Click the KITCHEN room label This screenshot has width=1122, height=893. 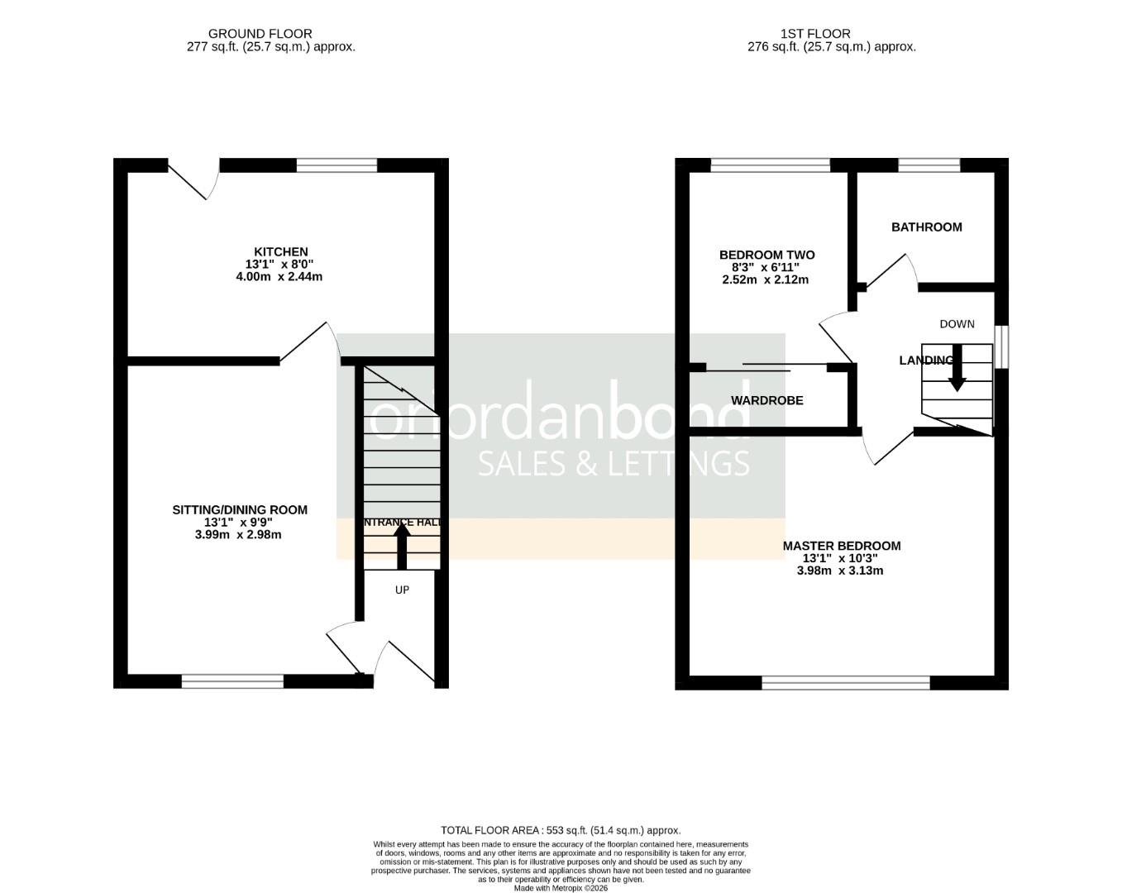[x=280, y=251]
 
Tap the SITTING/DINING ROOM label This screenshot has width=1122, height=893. [x=239, y=509]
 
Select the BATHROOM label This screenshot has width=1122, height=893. [x=926, y=227]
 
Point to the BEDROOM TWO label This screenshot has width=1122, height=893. [x=766, y=255]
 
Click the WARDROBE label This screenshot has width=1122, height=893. [x=766, y=400]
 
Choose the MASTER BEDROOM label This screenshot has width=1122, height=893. [x=841, y=546]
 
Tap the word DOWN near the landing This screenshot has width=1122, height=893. [x=957, y=324]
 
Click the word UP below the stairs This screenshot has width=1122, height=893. [x=402, y=590]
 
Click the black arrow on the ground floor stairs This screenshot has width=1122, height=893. [x=402, y=546]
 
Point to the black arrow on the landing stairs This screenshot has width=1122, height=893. [x=957, y=372]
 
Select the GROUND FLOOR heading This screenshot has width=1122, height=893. [x=260, y=34]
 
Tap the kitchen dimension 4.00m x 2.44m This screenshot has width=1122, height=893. [x=279, y=276]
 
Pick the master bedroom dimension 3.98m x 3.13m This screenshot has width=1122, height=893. [x=839, y=571]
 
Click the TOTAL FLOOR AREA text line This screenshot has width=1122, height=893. [x=561, y=830]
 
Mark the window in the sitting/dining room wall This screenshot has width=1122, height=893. [x=232, y=681]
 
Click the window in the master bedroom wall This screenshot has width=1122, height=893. [x=845, y=682]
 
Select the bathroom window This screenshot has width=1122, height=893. [x=929, y=165]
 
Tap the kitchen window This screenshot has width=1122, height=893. [x=337, y=165]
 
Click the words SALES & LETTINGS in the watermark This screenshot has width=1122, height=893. [x=614, y=463]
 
